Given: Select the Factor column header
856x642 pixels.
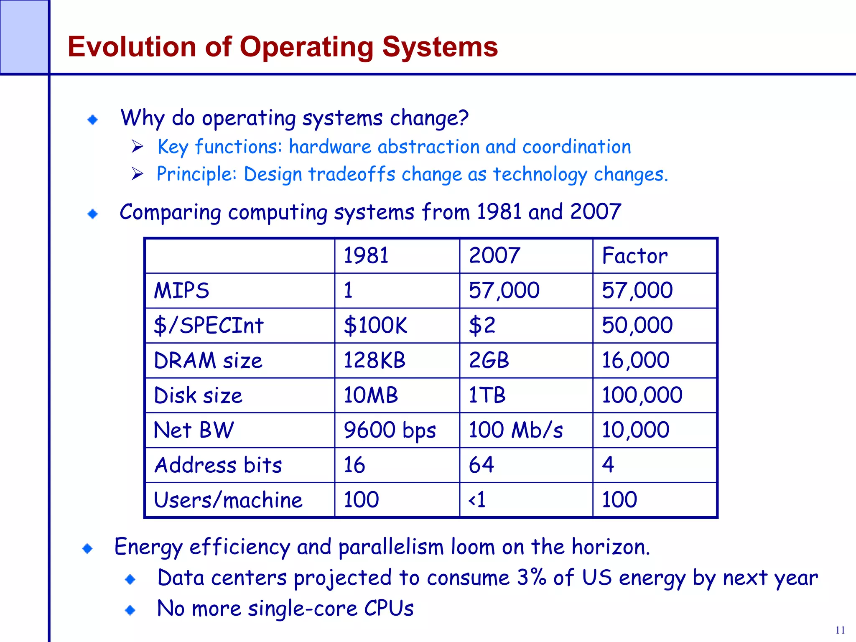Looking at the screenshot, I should (634, 256).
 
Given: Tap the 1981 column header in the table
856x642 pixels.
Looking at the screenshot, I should (366, 256).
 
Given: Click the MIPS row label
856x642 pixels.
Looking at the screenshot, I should (181, 290).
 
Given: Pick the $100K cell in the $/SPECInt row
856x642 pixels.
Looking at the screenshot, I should (375, 326).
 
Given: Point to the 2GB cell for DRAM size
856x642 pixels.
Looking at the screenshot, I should (489, 360).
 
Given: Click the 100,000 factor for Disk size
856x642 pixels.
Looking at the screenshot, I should (642, 395).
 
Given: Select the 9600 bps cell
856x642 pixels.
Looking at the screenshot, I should (389, 431).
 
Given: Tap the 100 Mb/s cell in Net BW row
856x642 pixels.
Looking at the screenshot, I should (515, 431).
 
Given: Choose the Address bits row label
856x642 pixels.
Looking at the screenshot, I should (218, 465).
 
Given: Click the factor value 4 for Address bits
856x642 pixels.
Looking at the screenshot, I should (608, 465).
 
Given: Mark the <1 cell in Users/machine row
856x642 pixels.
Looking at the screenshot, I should (477, 500).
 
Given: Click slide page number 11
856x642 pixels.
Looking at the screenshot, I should (840, 630).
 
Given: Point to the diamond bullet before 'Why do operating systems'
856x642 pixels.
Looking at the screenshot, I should (93, 120).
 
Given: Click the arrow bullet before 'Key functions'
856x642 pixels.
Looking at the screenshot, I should (138, 147).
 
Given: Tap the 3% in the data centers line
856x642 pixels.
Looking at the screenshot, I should (531, 578).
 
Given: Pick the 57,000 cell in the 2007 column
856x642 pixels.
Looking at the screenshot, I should (504, 290).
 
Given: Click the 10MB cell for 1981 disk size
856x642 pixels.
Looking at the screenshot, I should (370, 395).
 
